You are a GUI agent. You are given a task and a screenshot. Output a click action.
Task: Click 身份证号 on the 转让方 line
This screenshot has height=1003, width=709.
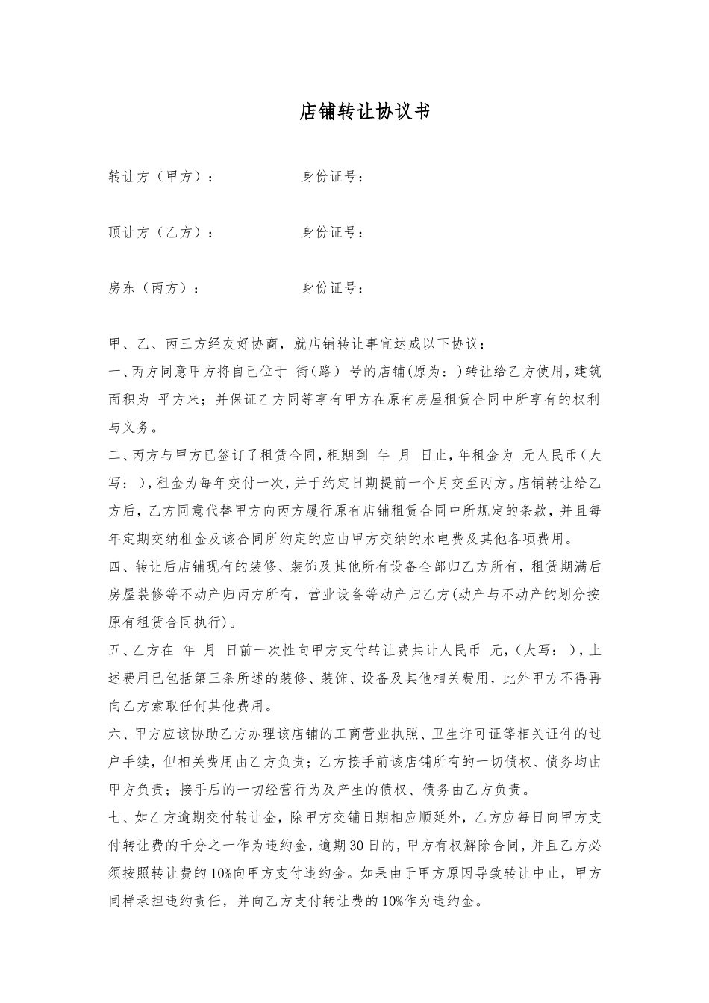click(x=329, y=178)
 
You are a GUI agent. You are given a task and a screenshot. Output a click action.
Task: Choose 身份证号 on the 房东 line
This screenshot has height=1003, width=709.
click(x=329, y=288)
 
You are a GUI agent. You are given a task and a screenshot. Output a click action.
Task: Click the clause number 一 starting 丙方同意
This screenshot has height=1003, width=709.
click(x=115, y=372)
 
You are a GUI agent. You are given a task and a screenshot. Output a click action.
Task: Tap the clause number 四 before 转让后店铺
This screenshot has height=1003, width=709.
click(x=115, y=567)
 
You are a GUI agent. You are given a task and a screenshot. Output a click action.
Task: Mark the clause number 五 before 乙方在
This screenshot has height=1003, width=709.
click(x=115, y=651)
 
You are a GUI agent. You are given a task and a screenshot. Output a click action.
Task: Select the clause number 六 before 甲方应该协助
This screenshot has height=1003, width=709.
click(x=115, y=734)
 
